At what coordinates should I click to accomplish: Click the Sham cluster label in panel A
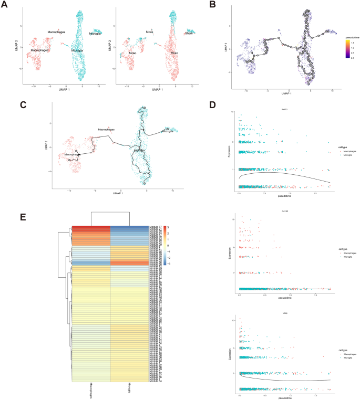pyautogui.click(x=188, y=33)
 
